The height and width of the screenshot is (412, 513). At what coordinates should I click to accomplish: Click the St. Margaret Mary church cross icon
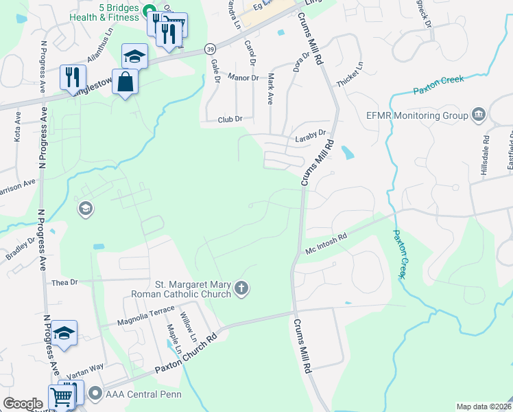[x=241, y=288]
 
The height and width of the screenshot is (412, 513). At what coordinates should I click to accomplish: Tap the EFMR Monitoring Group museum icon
[x=479, y=115]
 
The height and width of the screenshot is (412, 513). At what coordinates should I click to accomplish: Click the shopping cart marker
[x=61, y=398]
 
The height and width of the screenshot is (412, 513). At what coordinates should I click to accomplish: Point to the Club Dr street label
[x=230, y=119]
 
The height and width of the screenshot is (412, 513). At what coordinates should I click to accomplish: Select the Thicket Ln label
[x=350, y=76]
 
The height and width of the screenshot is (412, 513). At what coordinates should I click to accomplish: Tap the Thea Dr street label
[x=66, y=282]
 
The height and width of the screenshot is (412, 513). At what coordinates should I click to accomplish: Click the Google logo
[x=23, y=403]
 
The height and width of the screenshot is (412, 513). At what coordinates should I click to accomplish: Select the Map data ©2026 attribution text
[x=484, y=407]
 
